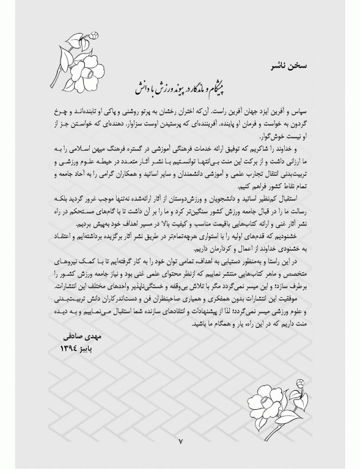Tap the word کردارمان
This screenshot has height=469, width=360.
[x=215, y=244]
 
